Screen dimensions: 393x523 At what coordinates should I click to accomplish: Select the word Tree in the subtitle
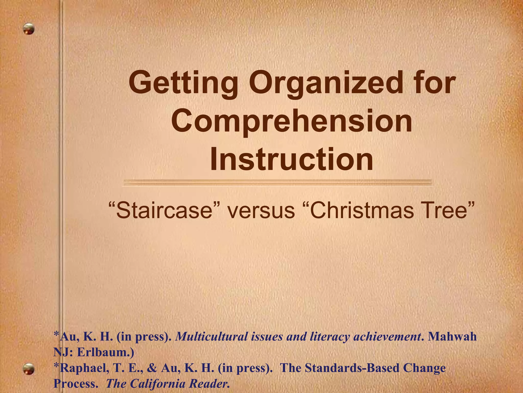447,210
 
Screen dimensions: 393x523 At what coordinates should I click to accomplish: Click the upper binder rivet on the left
29,29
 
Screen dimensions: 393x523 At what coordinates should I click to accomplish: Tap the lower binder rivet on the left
28,369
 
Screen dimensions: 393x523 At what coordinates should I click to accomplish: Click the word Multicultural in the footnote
211,337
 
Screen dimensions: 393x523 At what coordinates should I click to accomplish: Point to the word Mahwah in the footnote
452,337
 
